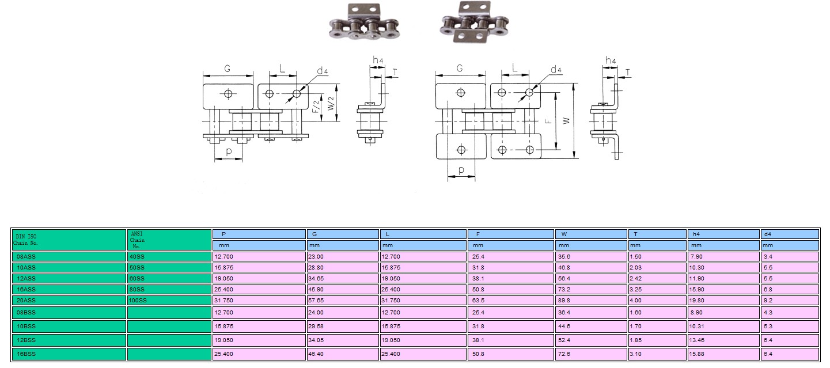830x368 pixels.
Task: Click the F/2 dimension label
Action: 315,107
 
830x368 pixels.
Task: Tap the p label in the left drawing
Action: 229,151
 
